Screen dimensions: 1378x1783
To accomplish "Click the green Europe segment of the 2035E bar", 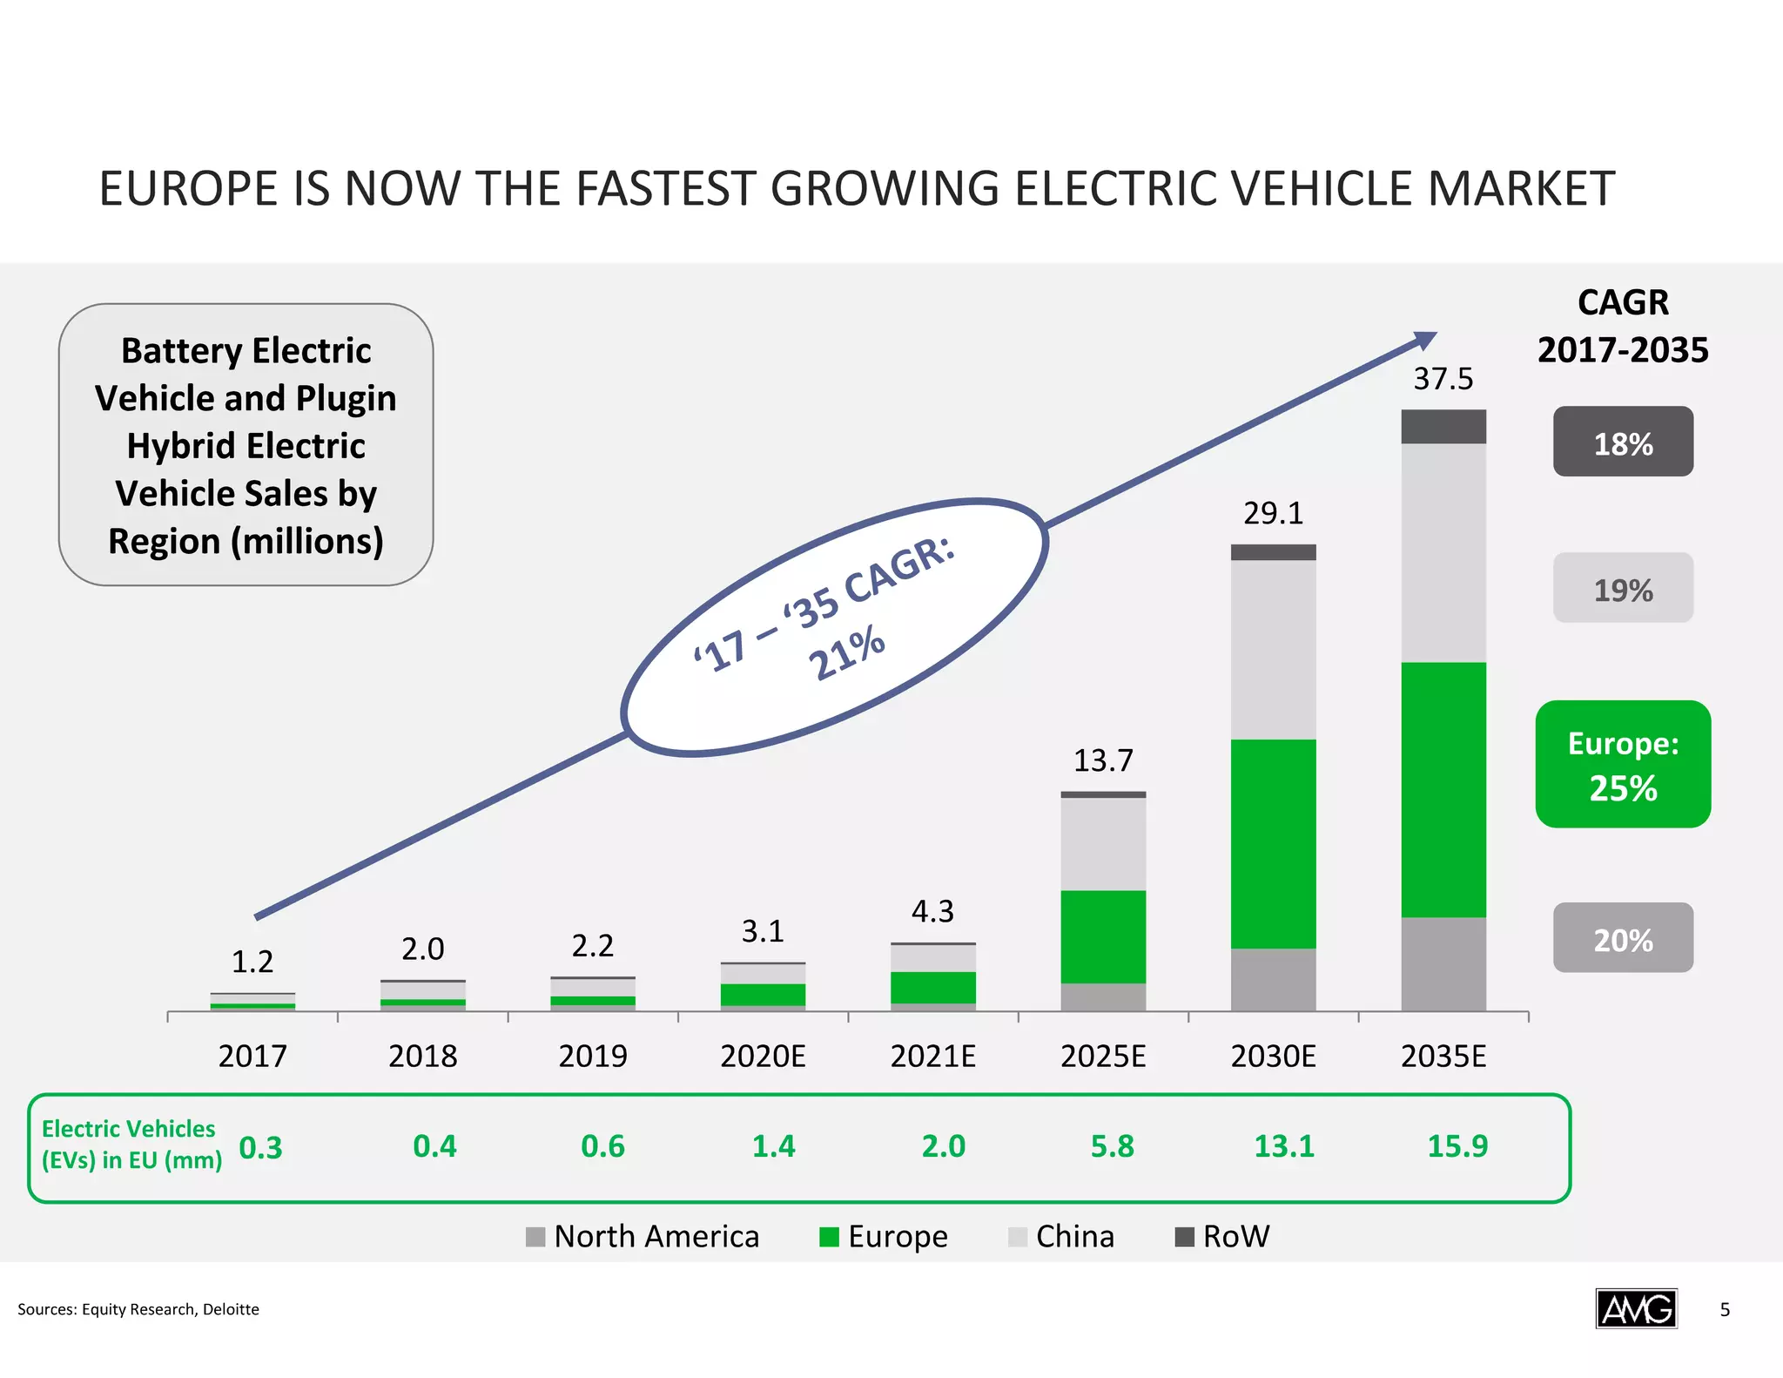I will (x=1443, y=789).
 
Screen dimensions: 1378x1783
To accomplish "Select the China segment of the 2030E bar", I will (x=1273, y=649).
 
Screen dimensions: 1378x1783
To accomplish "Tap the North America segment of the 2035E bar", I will (x=1443, y=963).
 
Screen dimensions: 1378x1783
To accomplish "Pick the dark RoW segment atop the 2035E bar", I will (x=1443, y=427).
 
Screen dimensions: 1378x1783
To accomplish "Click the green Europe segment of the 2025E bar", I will (x=1103, y=936).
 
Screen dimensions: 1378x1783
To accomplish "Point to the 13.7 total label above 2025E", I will (x=1103, y=760).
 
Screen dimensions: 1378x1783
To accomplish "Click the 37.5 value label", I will (x=1443, y=379).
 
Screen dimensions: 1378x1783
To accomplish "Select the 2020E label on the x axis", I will (x=763, y=1056).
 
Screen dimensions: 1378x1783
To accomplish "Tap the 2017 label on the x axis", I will (x=252, y=1056).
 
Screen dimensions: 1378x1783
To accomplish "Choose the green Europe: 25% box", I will (x=1623, y=764).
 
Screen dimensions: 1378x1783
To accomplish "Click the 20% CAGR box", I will (x=1623, y=938).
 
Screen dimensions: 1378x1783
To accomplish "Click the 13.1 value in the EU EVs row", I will (x=1284, y=1146).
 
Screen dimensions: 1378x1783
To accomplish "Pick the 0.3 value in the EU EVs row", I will (x=260, y=1148).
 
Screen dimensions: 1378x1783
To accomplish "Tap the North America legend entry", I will (x=643, y=1236).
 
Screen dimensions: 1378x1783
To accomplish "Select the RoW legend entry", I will (x=1223, y=1236).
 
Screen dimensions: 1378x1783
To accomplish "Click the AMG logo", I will (x=1636, y=1308).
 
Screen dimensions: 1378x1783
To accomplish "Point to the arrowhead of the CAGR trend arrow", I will (x=1425, y=339).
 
